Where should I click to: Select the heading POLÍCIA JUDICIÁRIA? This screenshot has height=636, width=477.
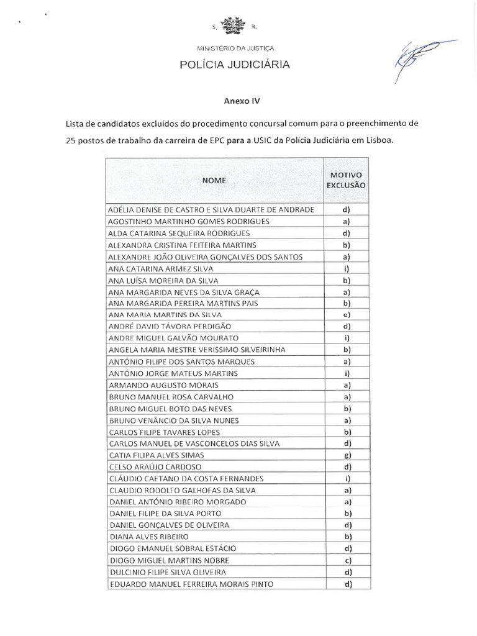234,64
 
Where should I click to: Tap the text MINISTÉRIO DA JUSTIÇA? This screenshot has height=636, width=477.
235,47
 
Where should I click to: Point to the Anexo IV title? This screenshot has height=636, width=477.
238,99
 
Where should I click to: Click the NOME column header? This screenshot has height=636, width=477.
214,180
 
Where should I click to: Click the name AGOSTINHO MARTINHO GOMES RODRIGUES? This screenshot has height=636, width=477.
179,222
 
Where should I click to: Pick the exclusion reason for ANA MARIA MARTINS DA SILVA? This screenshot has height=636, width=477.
347,315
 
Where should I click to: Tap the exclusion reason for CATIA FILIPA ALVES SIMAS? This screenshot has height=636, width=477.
347,455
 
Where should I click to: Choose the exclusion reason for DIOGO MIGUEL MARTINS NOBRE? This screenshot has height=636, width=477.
347,560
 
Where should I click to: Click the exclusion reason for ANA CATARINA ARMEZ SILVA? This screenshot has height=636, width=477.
347,268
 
